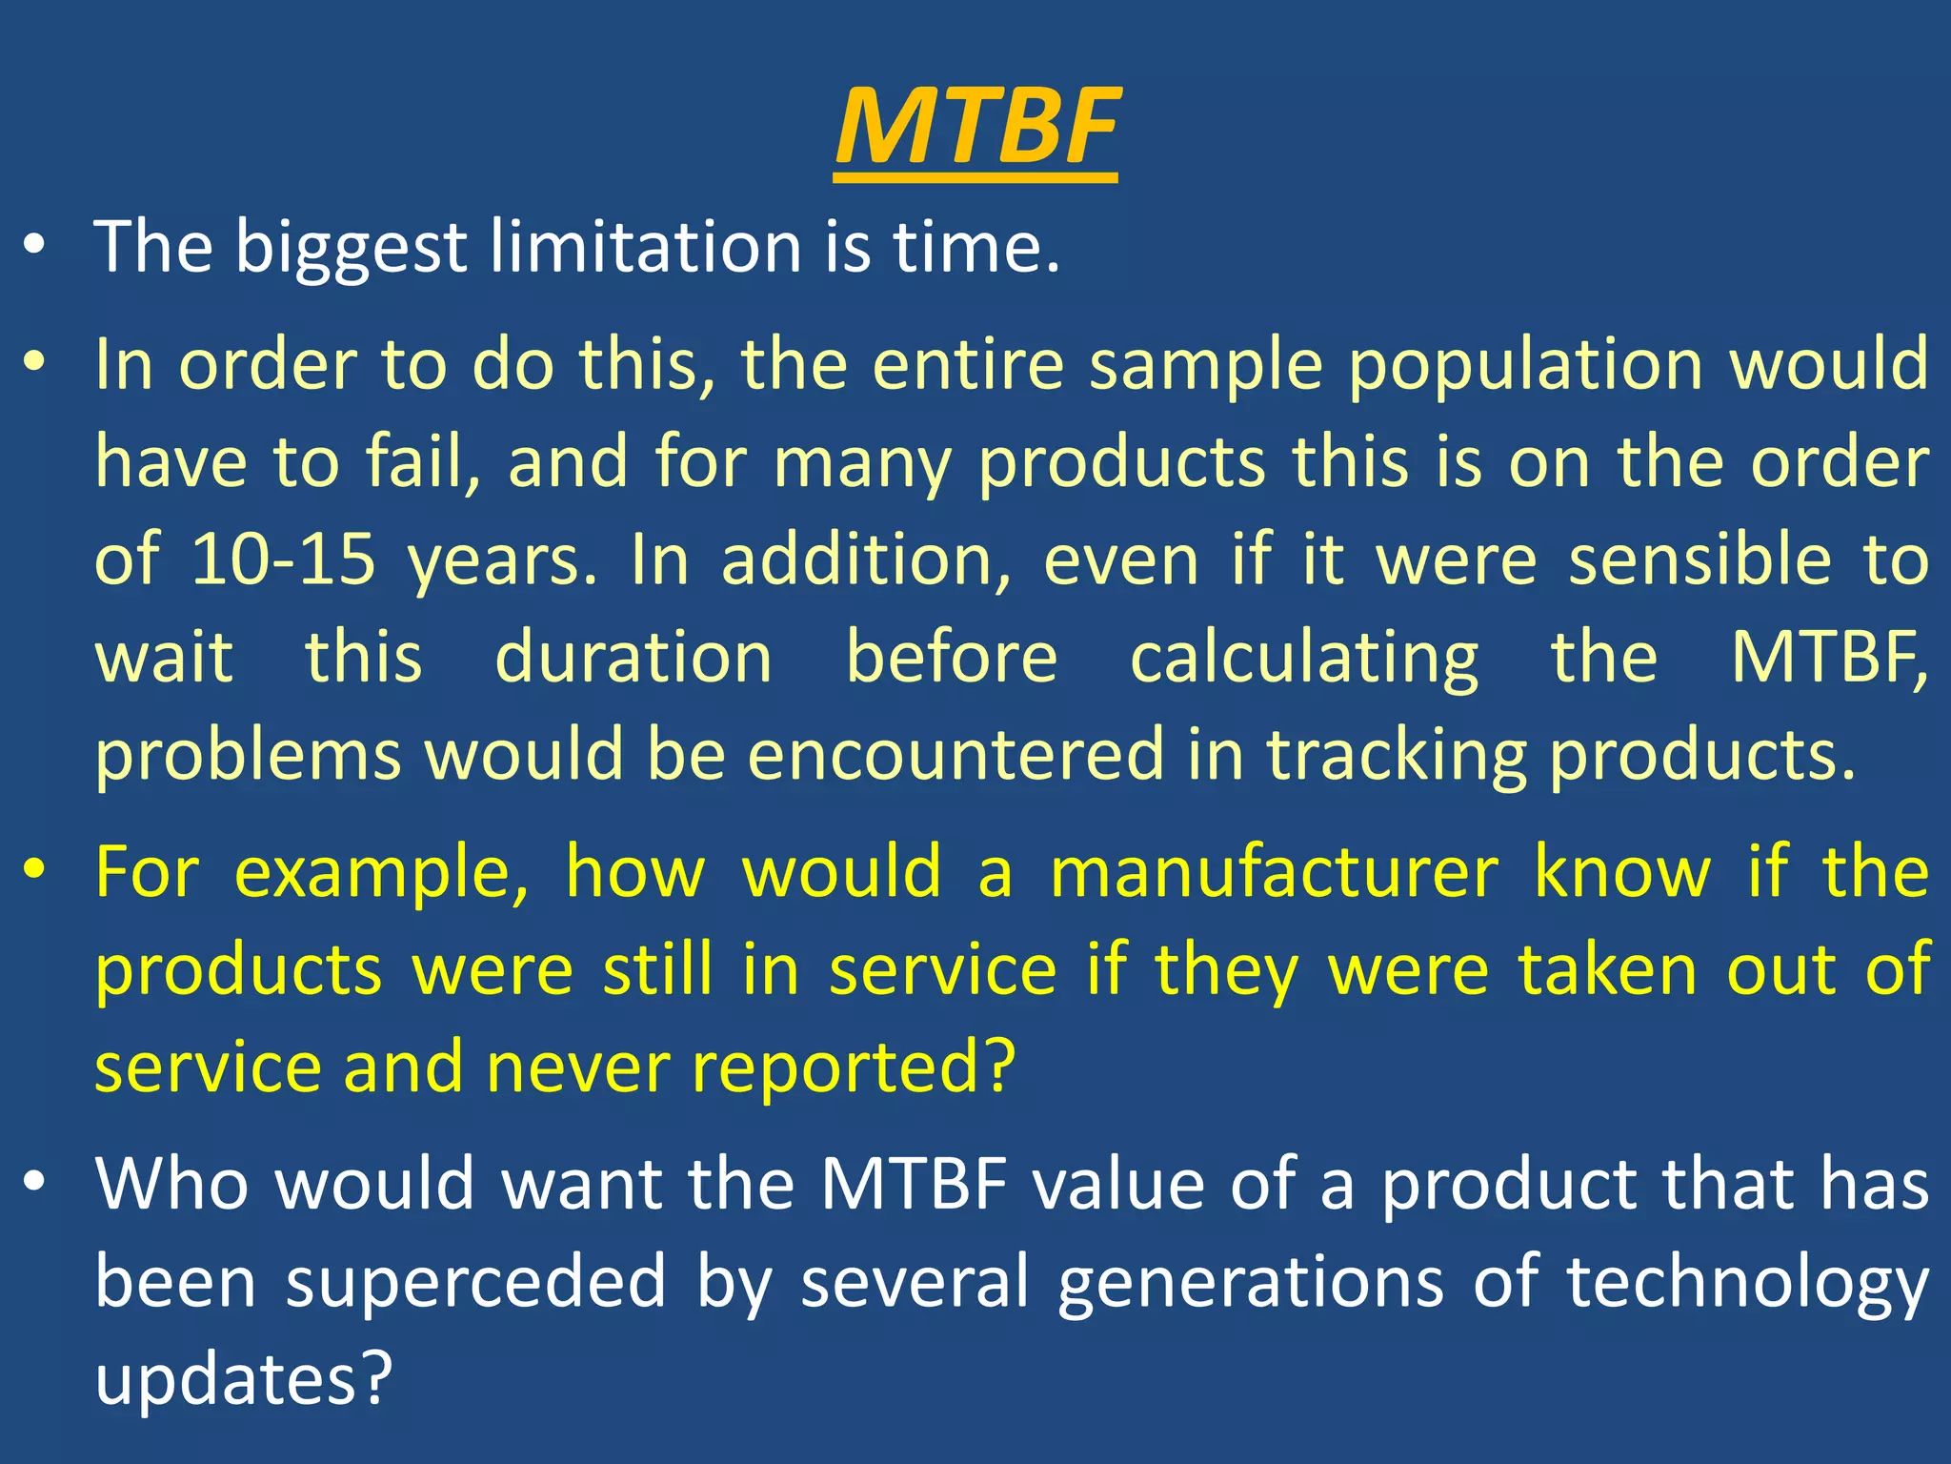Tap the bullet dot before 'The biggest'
point(35,246)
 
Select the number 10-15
point(283,559)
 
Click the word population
point(1525,366)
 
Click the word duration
point(634,658)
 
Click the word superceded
point(476,1282)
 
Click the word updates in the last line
point(243,1380)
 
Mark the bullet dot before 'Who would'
point(35,1182)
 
